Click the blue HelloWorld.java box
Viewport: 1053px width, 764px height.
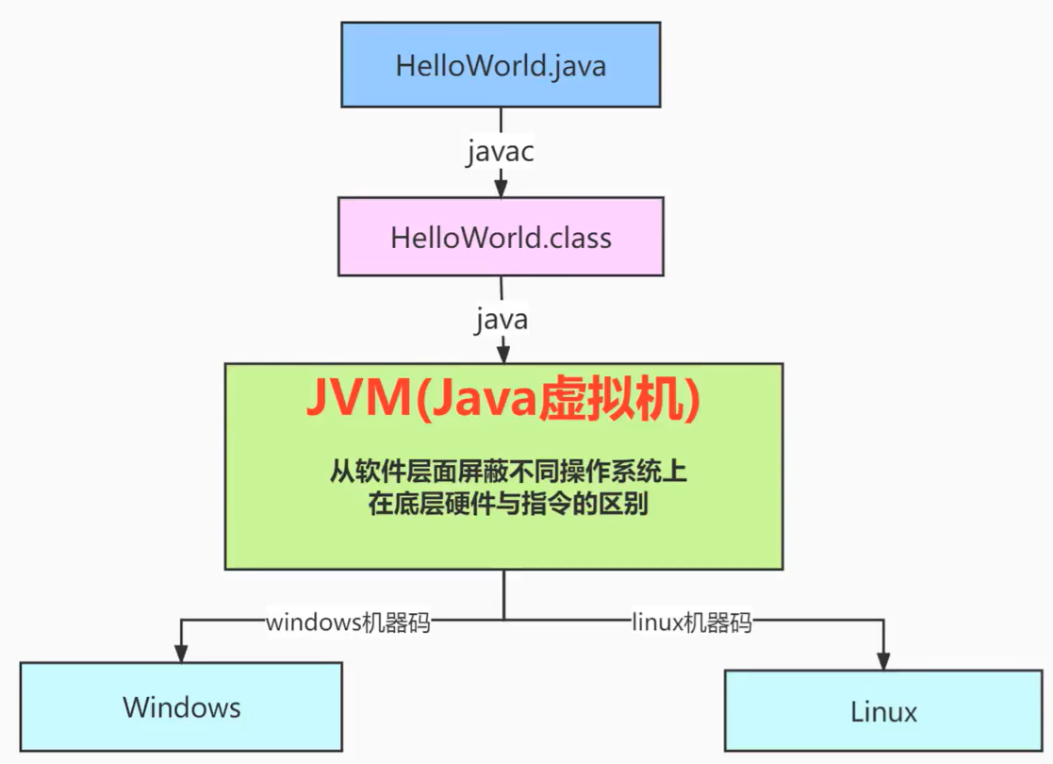(x=501, y=65)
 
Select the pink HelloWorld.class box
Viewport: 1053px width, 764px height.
(x=501, y=236)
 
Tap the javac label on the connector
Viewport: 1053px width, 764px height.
(x=501, y=152)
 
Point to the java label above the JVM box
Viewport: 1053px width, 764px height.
(x=502, y=319)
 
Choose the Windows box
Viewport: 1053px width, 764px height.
(x=181, y=706)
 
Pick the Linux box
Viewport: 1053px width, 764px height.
(x=883, y=709)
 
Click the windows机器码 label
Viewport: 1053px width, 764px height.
(x=348, y=622)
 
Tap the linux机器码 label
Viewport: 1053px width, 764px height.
(x=692, y=622)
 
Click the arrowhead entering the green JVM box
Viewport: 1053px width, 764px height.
(x=503, y=356)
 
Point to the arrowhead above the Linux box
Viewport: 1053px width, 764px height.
(x=883, y=660)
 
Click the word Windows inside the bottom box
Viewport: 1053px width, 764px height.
(x=181, y=707)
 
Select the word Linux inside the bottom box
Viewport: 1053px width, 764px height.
(x=883, y=711)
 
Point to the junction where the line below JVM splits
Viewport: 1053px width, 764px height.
(x=503, y=619)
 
